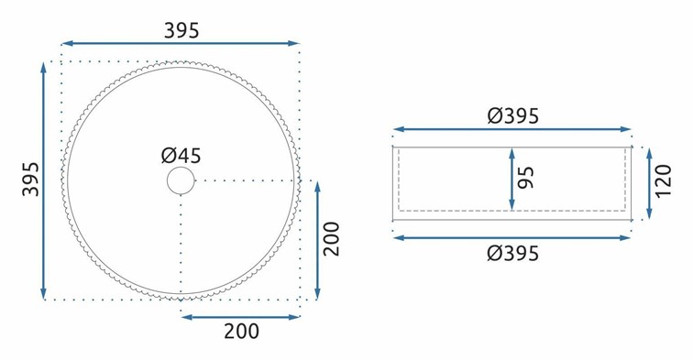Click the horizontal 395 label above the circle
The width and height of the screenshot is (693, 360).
181,30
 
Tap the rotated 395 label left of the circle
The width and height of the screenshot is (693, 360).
31,179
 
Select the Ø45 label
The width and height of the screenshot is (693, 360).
181,156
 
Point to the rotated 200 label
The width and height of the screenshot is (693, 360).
332,238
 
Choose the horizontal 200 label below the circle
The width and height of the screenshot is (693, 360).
241,332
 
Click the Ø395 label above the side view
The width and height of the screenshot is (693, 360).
513,115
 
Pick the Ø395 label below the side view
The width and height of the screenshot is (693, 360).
513,253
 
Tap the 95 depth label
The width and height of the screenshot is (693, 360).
526,178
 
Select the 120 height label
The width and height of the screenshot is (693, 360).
664,181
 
